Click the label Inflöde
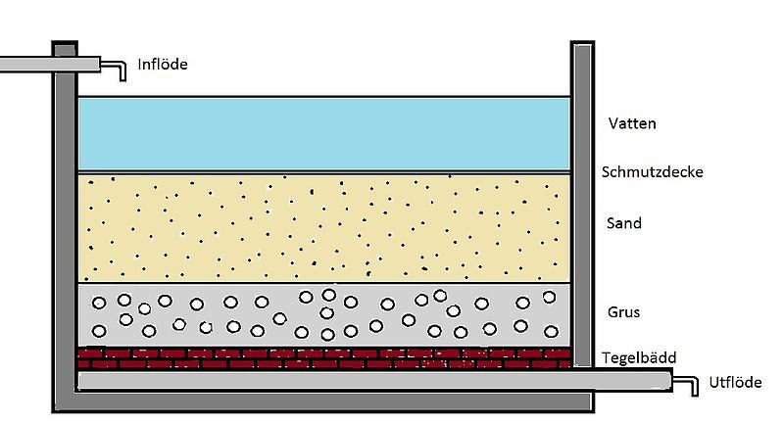(x=163, y=64)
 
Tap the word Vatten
(x=632, y=123)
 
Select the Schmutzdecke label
(x=652, y=171)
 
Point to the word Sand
(x=624, y=222)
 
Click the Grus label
(x=623, y=312)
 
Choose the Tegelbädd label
(x=639, y=357)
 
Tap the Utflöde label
(x=736, y=383)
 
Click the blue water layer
(x=324, y=134)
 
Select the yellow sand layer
(x=324, y=228)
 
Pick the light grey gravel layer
(x=324, y=314)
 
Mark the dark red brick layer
(x=324, y=358)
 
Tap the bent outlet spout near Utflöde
(x=685, y=386)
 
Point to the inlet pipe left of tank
(x=50, y=64)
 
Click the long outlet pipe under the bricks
(x=375, y=381)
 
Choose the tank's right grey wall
(x=582, y=205)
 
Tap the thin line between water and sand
(x=324, y=172)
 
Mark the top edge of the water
(x=324, y=96)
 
